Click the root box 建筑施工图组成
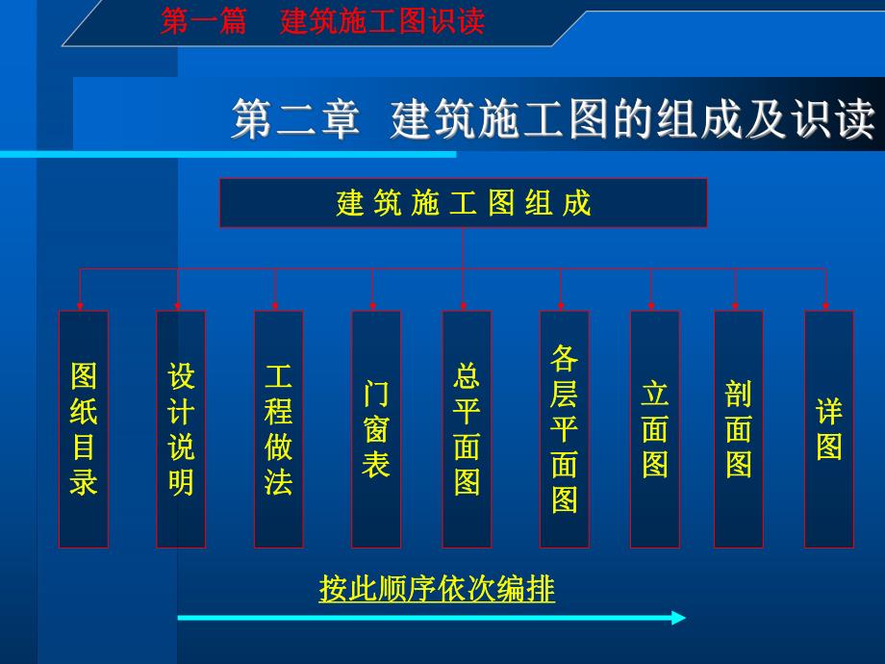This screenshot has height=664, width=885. point(463,203)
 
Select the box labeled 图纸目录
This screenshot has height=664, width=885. point(84,429)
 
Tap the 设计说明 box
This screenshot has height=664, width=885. point(181,429)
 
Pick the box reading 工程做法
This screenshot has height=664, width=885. point(278,429)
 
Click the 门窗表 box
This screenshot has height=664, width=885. point(376,429)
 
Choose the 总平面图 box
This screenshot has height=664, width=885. point(467,429)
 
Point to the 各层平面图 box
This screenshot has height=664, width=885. point(564,429)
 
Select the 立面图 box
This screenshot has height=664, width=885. point(654,429)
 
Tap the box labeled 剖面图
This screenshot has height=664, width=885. point(738,429)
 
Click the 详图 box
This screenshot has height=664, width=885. point(828,429)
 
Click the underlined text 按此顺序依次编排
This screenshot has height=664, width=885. point(437,588)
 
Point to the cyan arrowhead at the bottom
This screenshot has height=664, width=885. point(677,618)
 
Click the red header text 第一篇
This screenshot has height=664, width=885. point(203,22)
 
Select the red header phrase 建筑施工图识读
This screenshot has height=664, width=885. point(382,22)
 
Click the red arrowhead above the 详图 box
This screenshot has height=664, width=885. point(825,304)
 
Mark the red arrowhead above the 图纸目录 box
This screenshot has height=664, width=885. point(80,304)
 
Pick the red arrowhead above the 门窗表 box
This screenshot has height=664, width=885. point(373,304)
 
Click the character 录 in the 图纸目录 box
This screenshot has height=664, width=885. point(84,481)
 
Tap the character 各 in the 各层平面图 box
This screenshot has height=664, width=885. point(564,359)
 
